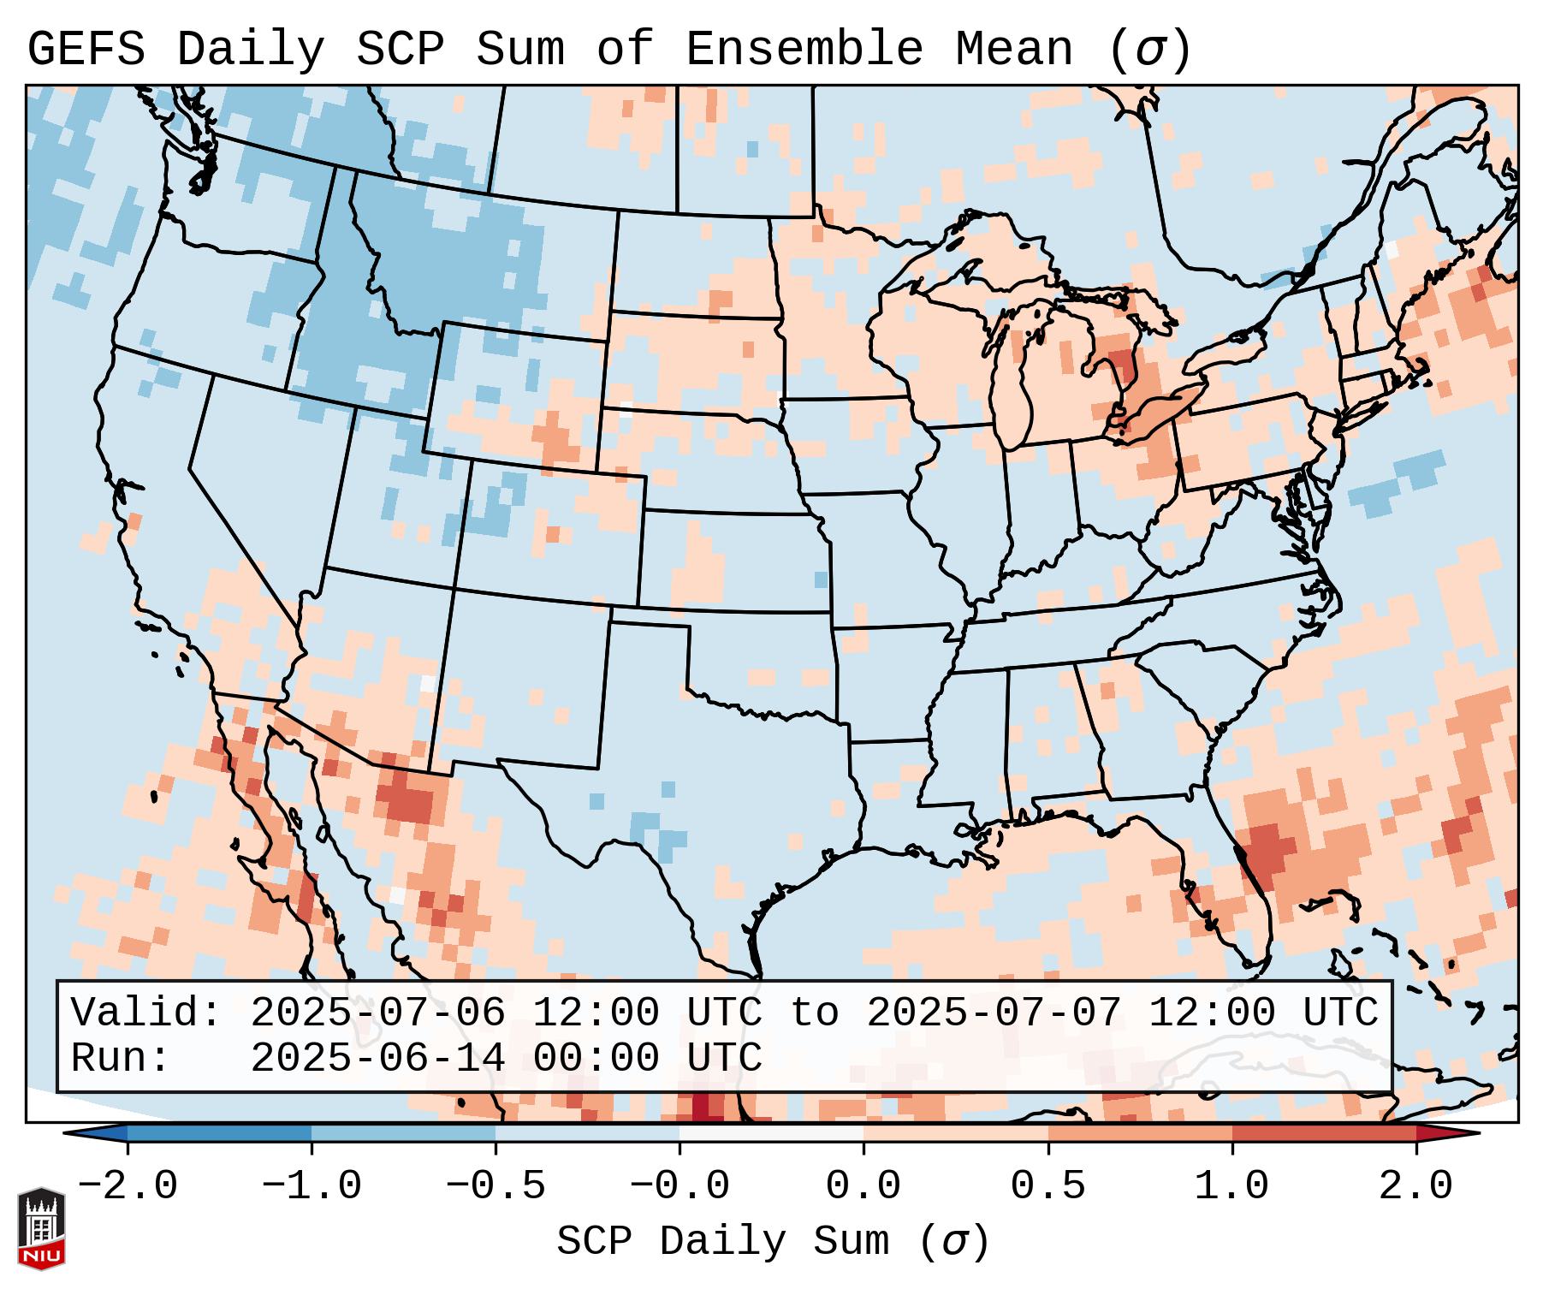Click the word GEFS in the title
pyautogui.click(x=86, y=50)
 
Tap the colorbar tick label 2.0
pyautogui.click(x=1415, y=1186)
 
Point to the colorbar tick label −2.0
pyautogui.click(x=128, y=1186)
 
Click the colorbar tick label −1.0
pyautogui.click(x=312, y=1186)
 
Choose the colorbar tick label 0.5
pyautogui.click(x=1047, y=1186)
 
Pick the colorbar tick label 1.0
pyautogui.click(x=1231, y=1186)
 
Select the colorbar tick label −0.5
pyautogui.click(x=496, y=1186)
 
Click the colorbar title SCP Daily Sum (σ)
pyautogui.click(x=773, y=1242)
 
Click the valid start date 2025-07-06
pyautogui.click(x=377, y=1013)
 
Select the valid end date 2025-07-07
pyautogui.click(x=994, y=1013)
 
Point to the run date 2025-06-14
pyautogui.click(x=377, y=1059)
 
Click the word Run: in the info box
pyautogui.click(x=121, y=1059)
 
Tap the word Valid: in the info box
pyautogui.click(x=146, y=1013)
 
